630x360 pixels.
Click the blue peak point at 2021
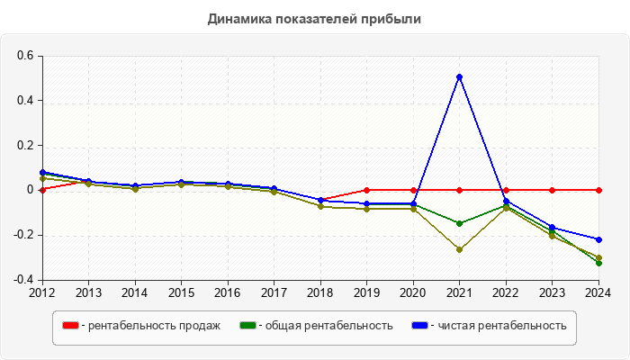click(x=460, y=76)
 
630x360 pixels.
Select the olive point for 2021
click(x=460, y=249)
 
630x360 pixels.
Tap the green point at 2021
click(x=460, y=223)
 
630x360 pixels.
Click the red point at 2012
click(x=42, y=190)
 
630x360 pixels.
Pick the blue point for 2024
click(x=598, y=239)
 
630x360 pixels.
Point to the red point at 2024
click(x=598, y=190)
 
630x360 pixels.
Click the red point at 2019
click(x=367, y=190)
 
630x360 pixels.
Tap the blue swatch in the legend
click(x=419, y=325)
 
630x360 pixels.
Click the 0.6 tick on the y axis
click(x=24, y=56)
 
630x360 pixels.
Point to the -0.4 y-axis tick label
click(x=22, y=280)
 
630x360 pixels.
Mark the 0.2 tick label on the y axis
click(x=24, y=146)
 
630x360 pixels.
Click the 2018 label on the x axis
click(x=320, y=292)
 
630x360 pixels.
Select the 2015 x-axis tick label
click(x=182, y=292)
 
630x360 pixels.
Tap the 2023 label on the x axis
click(x=553, y=292)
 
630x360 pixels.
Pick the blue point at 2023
click(x=553, y=228)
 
